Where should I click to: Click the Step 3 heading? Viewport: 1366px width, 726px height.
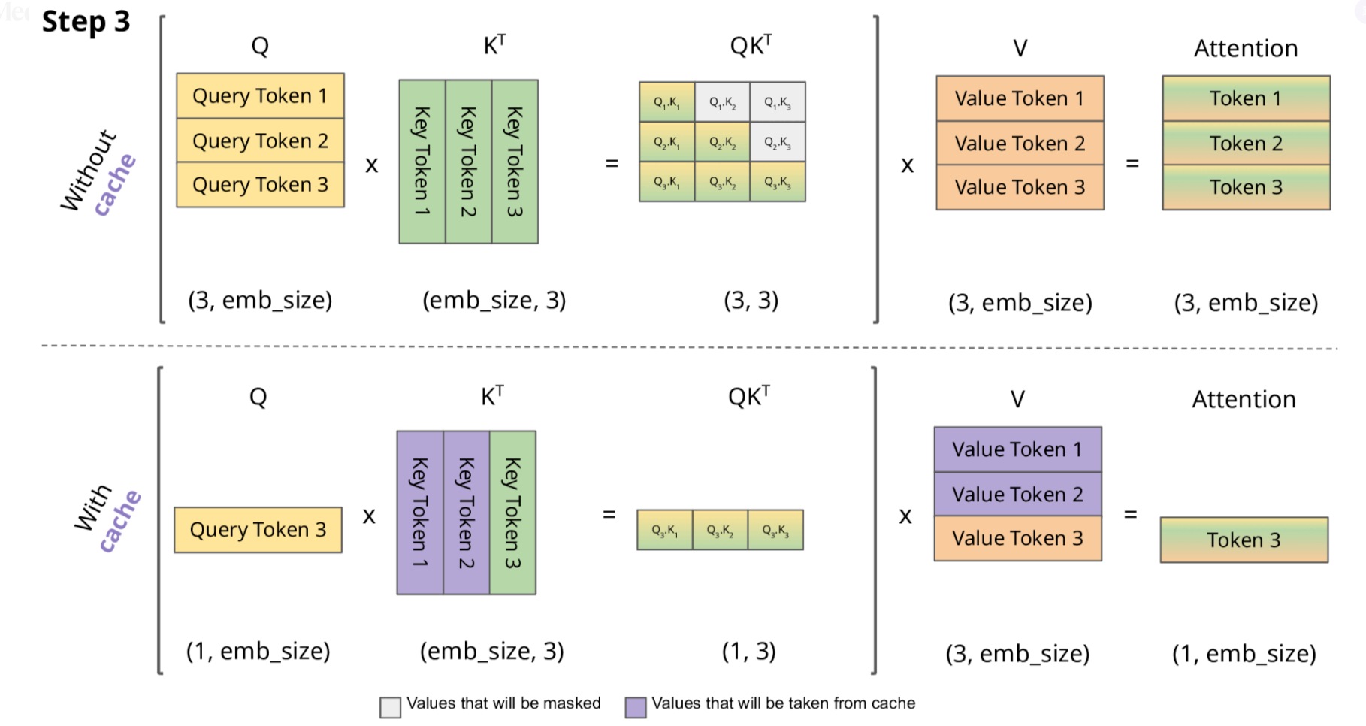[x=86, y=22]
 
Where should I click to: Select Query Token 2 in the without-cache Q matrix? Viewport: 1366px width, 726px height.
[x=260, y=141]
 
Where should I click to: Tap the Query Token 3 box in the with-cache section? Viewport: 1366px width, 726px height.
[x=258, y=530]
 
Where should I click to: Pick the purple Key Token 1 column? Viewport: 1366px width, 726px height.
[x=420, y=513]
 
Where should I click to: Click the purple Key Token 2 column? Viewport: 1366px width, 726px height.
[x=467, y=513]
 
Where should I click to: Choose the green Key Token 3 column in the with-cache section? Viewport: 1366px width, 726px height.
[x=512, y=513]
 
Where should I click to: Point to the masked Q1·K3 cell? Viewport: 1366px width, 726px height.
[x=778, y=102]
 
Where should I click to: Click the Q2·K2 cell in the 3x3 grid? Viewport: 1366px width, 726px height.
[x=722, y=142]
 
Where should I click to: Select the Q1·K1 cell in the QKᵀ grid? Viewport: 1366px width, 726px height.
[x=666, y=102]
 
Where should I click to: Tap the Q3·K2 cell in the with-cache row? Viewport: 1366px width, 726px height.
[x=720, y=530]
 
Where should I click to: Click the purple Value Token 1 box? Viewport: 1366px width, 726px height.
[x=1017, y=449]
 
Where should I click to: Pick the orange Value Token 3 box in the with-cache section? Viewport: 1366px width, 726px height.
[x=1017, y=538]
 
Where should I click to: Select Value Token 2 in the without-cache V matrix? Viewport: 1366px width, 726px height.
[x=1020, y=143]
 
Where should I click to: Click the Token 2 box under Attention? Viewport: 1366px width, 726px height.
[x=1246, y=143]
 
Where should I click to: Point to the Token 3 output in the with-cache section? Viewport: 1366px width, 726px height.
[x=1244, y=540]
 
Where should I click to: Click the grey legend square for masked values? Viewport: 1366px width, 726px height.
[x=390, y=707]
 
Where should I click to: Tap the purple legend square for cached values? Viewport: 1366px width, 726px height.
[x=636, y=707]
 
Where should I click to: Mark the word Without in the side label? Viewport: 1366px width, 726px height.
[x=89, y=170]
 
